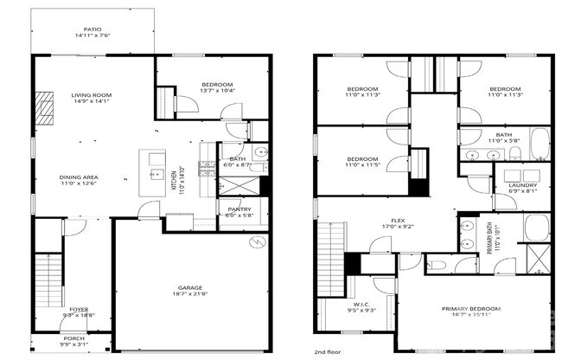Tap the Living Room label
91,95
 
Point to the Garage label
190,287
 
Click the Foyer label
79,309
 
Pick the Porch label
73,338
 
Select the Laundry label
522,185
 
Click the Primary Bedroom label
471,309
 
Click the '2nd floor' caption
327,352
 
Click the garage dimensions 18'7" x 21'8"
190,295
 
